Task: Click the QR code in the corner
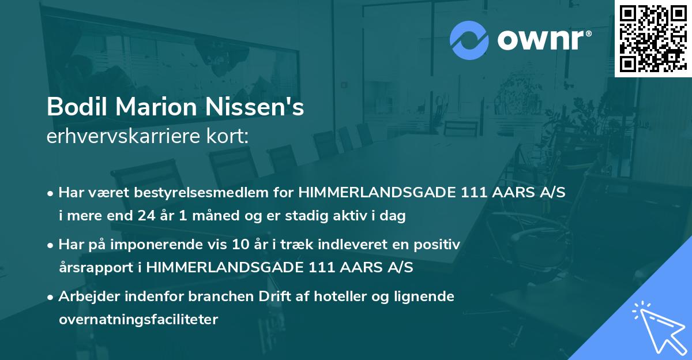(x=653, y=39)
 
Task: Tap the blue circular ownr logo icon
(x=468, y=40)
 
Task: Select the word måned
(x=217, y=216)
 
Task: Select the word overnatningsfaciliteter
(x=138, y=319)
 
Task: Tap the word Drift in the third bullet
(x=279, y=296)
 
